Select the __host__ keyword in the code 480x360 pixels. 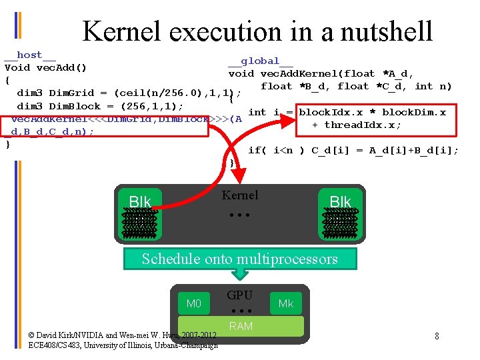pyautogui.click(x=30, y=55)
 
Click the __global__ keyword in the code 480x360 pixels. pyautogui.click(x=260, y=61)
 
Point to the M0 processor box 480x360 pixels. pyautogui.click(x=193, y=304)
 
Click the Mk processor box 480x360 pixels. pyautogui.click(x=286, y=304)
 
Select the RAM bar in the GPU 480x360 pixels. pyautogui.click(x=240, y=325)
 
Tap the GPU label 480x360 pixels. pyautogui.click(x=239, y=295)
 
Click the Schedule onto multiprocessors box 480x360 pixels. pyautogui.click(x=239, y=259)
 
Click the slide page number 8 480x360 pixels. pyautogui.click(x=437, y=336)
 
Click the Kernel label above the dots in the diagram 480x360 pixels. pyautogui.click(x=239, y=195)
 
